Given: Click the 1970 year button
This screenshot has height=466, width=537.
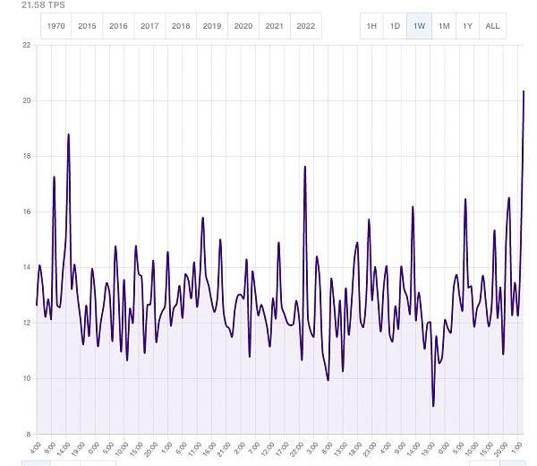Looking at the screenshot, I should [55, 26].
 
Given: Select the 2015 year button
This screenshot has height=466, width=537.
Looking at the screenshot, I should [87, 26].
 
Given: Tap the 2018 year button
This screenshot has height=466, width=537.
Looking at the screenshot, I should [181, 26].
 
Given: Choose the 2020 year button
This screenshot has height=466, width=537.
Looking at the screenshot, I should [243, 26].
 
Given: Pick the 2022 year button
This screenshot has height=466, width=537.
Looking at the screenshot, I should [305, 26].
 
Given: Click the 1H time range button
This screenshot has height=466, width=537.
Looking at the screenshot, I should [371, 26].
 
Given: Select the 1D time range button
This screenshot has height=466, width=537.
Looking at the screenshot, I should [395, 26].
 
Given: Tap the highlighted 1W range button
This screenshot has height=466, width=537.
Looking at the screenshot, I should [419, 26].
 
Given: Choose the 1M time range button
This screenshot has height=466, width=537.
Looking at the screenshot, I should [444, 26].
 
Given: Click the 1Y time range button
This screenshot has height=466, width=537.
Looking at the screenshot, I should [467, 26].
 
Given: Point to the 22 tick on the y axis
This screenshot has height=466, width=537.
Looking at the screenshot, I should [26, 45].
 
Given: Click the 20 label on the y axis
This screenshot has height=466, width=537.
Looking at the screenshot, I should [26, 100].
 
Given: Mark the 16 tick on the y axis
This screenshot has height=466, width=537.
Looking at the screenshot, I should [26, 211].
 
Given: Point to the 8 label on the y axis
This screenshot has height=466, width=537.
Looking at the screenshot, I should [28, 434].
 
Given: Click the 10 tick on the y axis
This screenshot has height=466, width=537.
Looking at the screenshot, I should [26, 378].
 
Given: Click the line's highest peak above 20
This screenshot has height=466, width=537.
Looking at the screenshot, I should [524, 91].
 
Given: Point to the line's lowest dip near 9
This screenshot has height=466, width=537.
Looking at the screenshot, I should [433, 406].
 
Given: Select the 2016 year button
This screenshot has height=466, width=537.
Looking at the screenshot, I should [118, 26].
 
